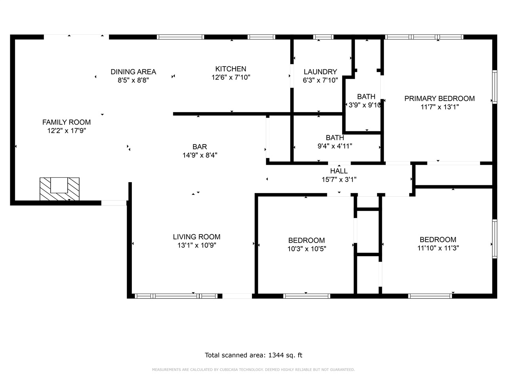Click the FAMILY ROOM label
(67, 122)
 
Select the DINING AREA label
(133, 72)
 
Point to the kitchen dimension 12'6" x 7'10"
(231, 78)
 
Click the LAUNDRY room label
(320, 72)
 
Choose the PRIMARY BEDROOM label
(439, 99)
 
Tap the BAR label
(200, 147)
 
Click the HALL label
(339, 171)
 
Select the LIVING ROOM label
(196, 237)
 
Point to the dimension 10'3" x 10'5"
(307, 249)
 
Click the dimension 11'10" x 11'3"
(438, 248)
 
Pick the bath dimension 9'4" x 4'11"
(335, 146)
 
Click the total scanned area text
(253, 355)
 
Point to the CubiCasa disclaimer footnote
(253, 370)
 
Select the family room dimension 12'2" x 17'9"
(67, 131)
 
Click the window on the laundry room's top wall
(323, 37)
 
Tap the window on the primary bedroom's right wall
(494, 87)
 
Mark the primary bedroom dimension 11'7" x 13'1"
(439, 107)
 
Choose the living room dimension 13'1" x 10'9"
(196, 245)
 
